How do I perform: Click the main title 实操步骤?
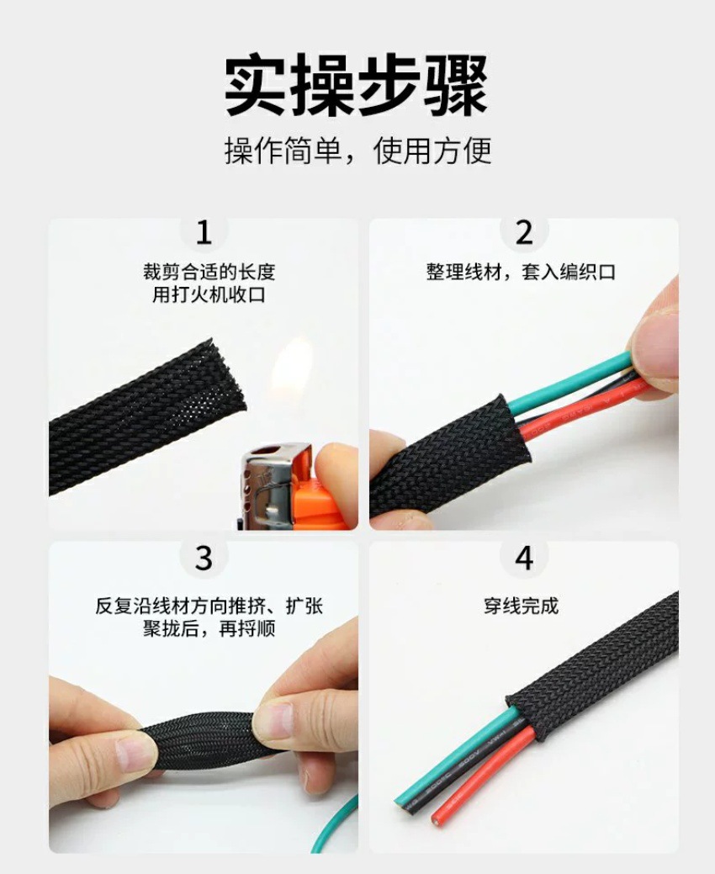coord(356,87)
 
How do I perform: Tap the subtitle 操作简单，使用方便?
coord(357,151)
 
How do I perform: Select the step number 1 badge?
coord(204,232)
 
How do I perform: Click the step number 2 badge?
coord(524,232)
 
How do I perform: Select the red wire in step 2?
coord(589,407)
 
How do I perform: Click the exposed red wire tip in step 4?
coord(442,814)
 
